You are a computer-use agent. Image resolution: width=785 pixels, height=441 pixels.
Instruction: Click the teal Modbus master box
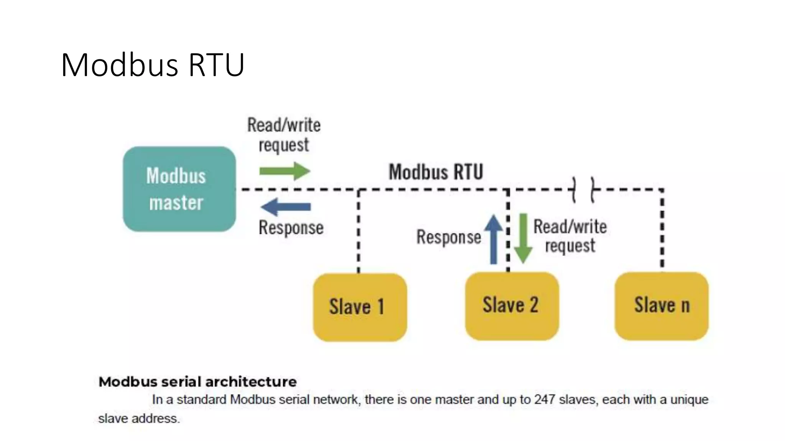[x=179, y=189]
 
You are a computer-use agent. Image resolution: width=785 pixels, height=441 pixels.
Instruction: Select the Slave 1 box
[x=360, y=307]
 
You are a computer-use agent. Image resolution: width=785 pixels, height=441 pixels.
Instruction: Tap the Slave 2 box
[x=512, y=306]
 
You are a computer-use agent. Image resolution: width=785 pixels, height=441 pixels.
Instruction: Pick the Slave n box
[x=662, y=306]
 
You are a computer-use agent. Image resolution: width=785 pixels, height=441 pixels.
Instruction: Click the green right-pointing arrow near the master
[x=284, y=171]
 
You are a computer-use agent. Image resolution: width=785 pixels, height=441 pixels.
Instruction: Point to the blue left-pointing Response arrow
[x=286, y=207]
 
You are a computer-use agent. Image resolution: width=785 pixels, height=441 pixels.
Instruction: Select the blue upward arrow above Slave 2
[x=494, y=239]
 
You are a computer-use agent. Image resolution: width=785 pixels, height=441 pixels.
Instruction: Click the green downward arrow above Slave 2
[x=523, y=238]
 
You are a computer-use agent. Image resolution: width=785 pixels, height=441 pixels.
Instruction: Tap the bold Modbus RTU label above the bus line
[x=436, y=172]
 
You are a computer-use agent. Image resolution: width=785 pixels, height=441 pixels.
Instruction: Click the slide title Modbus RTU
[x=153, y=65]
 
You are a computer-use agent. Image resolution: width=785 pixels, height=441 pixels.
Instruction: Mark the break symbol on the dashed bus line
[x=583, y=189]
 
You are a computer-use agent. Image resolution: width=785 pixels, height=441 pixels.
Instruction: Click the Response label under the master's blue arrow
[x=291, y=227]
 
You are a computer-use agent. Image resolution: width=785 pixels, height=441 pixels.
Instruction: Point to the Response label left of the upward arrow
[x=448, y=237]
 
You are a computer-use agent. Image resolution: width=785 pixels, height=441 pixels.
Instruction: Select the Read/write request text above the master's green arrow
[x=284, y=135]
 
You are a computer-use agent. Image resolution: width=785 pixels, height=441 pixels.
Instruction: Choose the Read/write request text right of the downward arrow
[x=570, y=236]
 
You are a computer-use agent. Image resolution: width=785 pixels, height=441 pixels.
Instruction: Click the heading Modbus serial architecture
[x=197, y=382]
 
